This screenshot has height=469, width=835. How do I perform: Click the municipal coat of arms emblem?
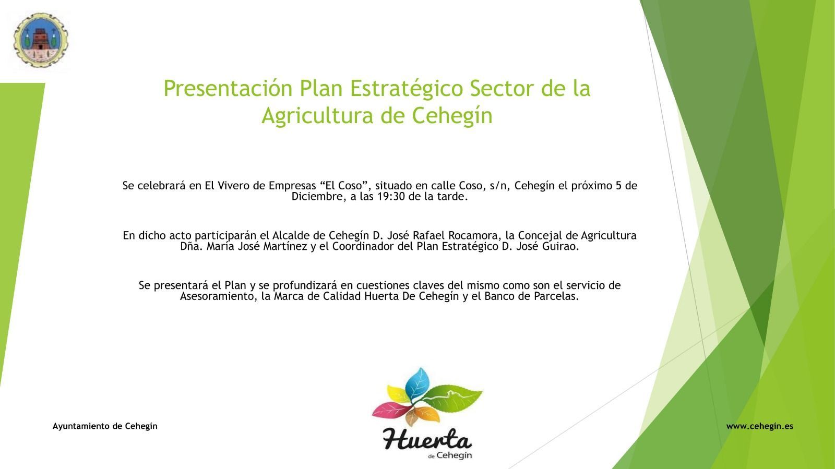41,40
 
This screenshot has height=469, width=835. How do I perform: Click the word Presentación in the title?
228,89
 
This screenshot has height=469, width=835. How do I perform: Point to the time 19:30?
391,196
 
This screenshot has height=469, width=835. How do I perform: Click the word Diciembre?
319,196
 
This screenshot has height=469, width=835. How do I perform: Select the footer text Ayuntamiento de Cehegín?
105,426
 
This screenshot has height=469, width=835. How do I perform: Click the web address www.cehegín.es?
759,426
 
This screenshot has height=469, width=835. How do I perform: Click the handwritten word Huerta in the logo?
427,440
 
